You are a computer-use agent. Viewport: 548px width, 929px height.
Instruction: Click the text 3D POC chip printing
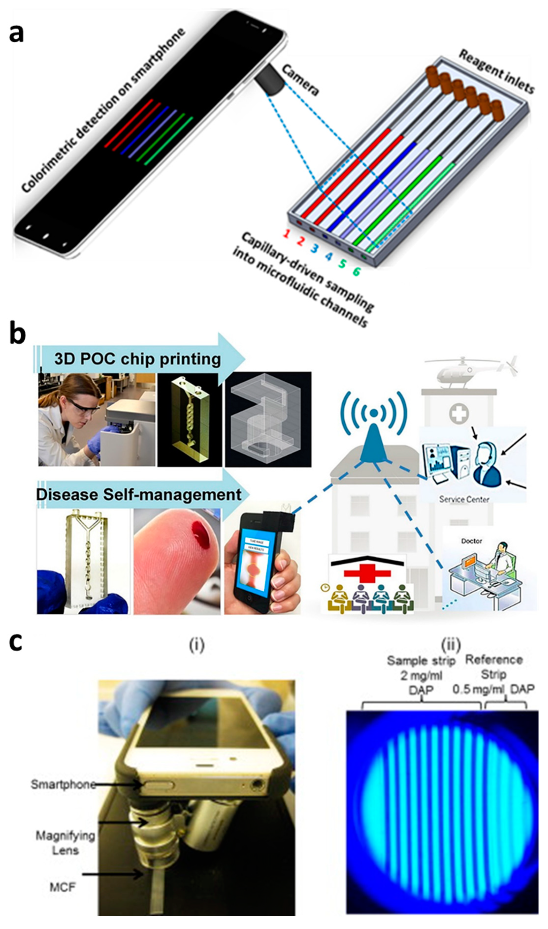137,359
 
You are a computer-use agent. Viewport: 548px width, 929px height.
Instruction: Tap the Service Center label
464,499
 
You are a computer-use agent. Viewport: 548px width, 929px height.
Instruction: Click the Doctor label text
472,541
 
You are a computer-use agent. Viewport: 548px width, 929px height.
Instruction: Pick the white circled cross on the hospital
459,413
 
